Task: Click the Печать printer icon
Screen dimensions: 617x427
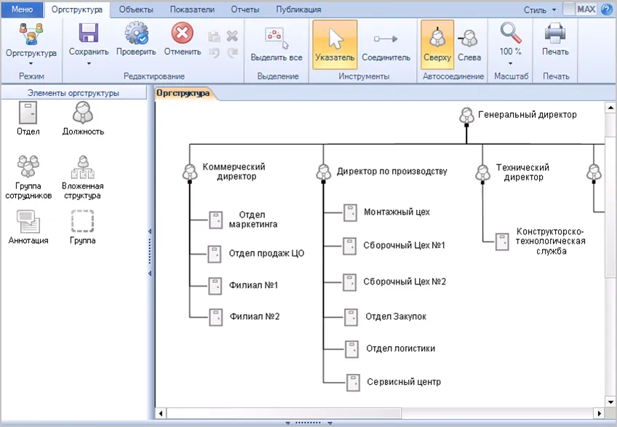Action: (555, 33)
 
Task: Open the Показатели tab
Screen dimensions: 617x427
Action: (192, 9)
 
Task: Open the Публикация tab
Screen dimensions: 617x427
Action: (298, 9)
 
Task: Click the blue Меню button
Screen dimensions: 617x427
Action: (22, 9)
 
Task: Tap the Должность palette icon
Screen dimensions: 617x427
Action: (83, 113)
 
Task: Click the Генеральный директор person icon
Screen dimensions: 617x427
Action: (466, 116)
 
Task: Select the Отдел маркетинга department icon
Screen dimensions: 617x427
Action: (215, 220)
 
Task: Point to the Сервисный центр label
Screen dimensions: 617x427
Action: (404, 382)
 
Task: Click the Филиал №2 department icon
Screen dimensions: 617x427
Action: (215, 317)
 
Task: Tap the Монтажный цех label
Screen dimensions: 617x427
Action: (397, 212)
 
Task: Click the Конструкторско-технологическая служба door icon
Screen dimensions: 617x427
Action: (502, 242)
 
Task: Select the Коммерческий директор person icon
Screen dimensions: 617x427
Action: (190, 172)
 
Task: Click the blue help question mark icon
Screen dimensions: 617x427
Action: (607, 9)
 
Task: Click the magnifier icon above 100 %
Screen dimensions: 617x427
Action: (510, 33)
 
